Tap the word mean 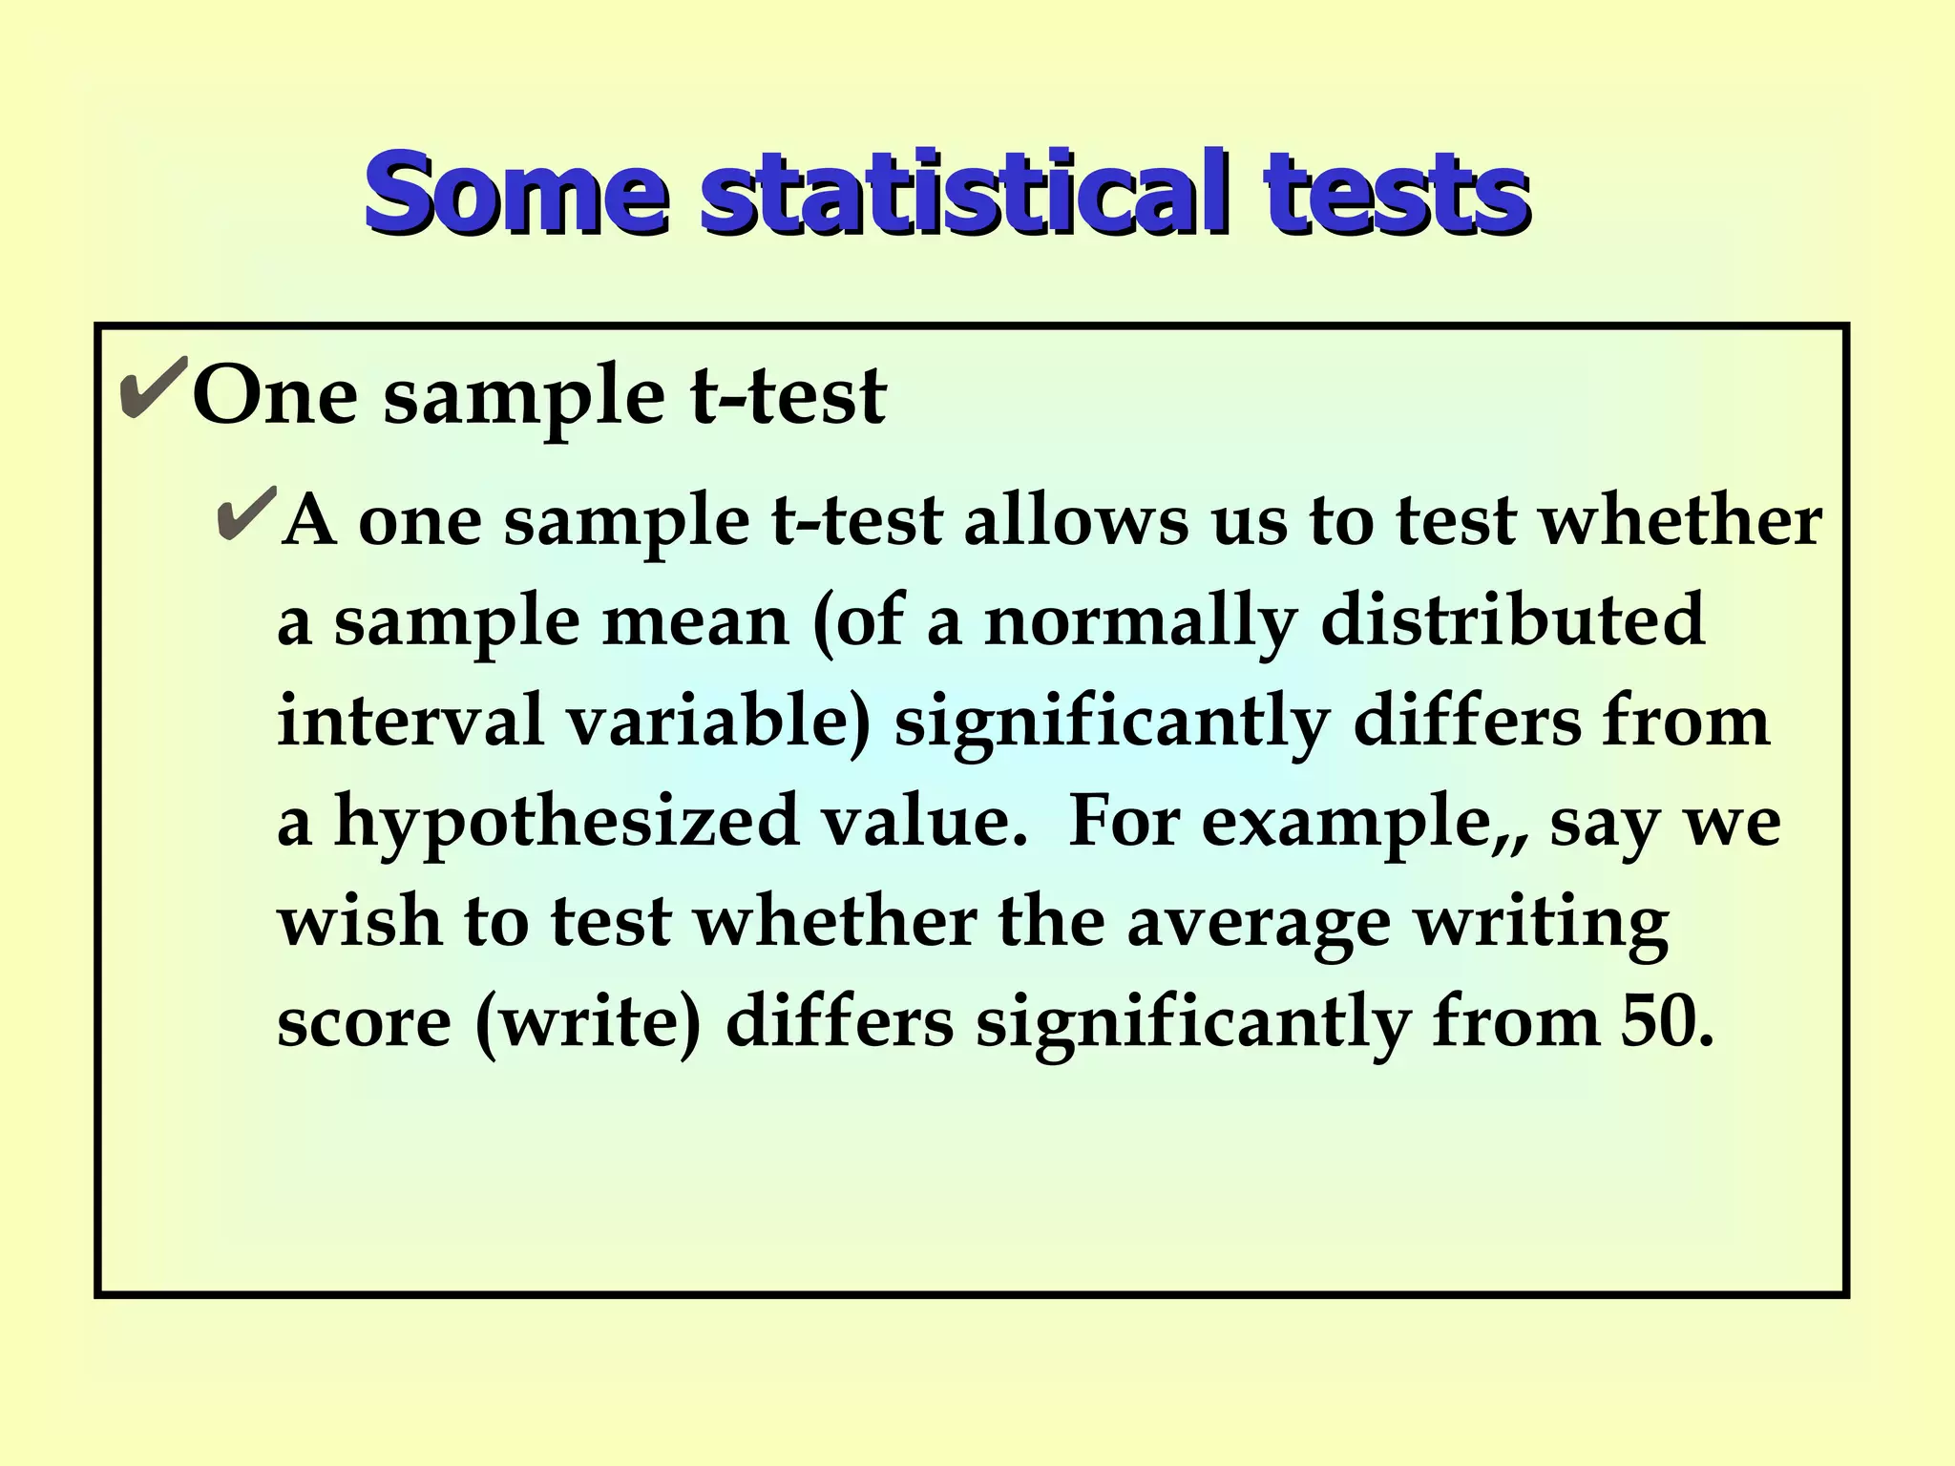695,621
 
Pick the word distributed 1512,619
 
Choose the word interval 410,721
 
